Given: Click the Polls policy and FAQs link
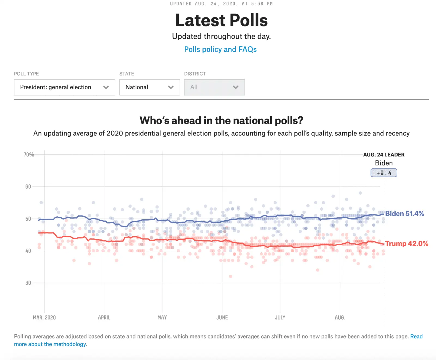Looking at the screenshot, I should pos(220,49).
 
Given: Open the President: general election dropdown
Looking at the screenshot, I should pos(64,87).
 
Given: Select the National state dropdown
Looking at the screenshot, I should pos(149,87).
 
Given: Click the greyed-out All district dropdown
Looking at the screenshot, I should pos(214,87).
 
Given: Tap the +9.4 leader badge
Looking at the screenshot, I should pos(384,173).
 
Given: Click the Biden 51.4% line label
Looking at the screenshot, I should pos(404,213).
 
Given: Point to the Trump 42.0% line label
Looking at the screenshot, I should pos(406,243).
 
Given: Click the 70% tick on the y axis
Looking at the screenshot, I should pos(29,155).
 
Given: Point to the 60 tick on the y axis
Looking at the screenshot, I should pos(28,187).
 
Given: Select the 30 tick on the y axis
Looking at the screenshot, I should pos(28,283).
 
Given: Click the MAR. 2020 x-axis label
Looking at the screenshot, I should pos(44,317).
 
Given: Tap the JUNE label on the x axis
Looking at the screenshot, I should pos(222,317).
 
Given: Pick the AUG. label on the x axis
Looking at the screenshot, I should pos(340,317).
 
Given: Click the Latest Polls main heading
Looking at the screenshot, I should pos(221,20).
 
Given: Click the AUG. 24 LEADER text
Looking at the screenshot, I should pos(384,155).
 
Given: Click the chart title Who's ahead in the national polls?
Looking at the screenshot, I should pos(221,120).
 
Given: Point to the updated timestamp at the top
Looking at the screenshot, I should pos(221,4).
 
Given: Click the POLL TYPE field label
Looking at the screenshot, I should pos(26,74).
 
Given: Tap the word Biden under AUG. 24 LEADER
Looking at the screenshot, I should pos(384,163).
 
